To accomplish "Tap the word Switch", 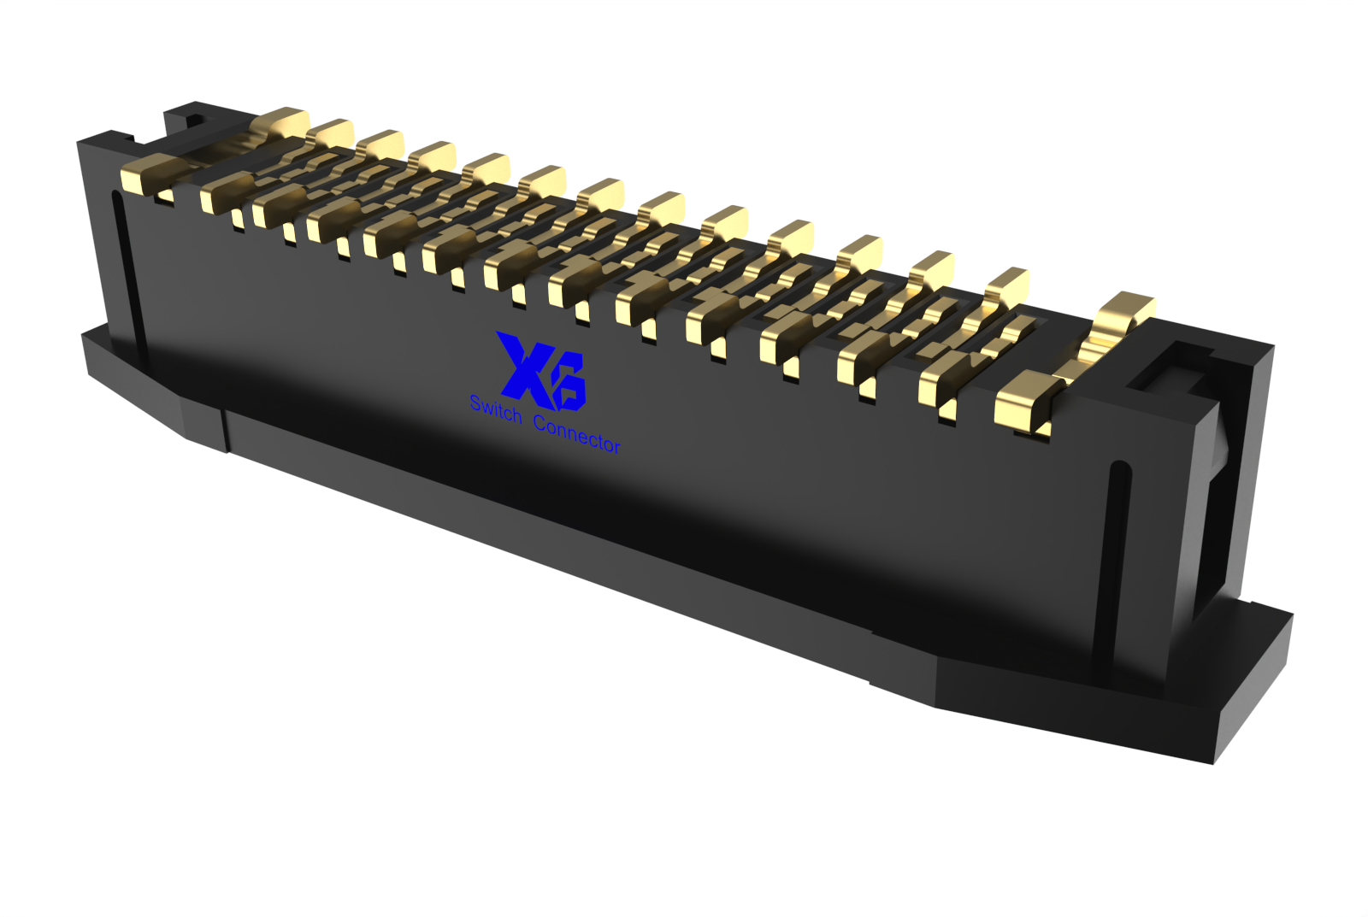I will point(496,409).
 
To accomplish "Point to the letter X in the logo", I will point(523,367).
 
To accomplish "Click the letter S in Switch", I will point(476,403).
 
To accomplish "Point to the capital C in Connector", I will point(540,422).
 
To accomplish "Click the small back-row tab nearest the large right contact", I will point(1008,285).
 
